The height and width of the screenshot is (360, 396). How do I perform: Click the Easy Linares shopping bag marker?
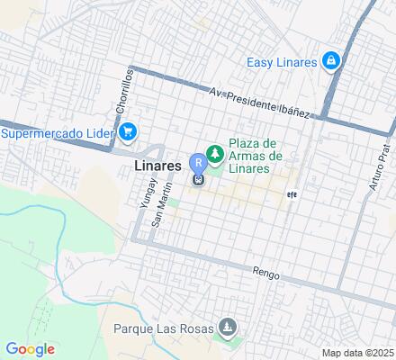coord(332,61)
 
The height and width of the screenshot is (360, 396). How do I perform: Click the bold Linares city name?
coord(161,166)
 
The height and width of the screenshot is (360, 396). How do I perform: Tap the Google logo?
coord(30,349)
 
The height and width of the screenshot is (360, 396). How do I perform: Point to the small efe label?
coord(292,193)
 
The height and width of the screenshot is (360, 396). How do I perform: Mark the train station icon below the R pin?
coord(198,178)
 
